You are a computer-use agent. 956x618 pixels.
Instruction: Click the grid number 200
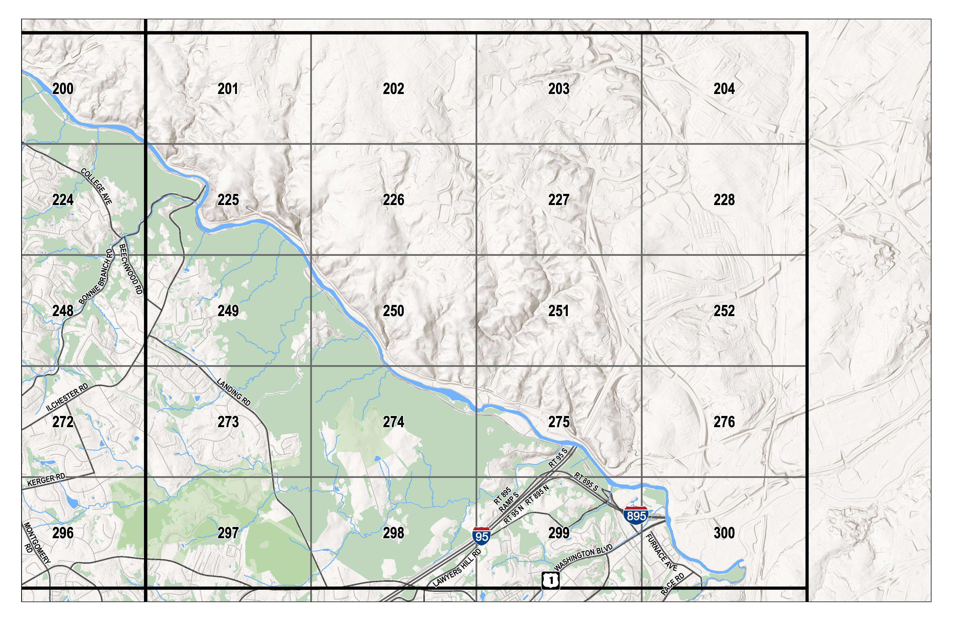pos(63,89)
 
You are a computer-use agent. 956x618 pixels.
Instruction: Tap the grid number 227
pos(559,200)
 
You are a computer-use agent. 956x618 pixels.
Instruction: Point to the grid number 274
pos(393,422)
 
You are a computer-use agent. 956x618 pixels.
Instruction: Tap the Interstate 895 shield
pos(636,515)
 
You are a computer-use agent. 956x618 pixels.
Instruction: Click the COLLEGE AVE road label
pos(96,186)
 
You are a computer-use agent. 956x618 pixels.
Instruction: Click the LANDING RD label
pos(234,392)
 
